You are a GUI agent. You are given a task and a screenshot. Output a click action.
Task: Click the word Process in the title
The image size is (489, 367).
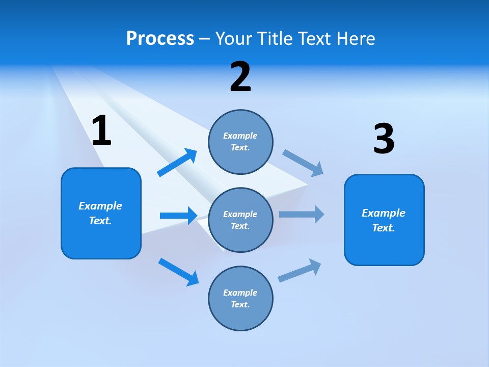click(160, 39)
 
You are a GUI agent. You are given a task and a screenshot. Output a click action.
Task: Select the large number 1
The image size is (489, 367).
click(101, 132)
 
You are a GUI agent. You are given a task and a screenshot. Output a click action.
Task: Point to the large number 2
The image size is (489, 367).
click(240, 77)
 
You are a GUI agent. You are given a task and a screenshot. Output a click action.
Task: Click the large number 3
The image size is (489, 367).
click(384, 139)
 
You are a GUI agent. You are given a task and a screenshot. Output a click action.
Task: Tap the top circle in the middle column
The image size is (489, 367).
click(240, 142)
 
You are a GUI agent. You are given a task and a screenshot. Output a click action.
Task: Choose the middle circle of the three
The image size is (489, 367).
click(240, 220)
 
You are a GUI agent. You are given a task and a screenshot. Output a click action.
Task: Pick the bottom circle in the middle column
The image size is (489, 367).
click(240, 298)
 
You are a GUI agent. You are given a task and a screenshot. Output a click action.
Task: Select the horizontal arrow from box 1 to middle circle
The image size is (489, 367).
click(178, 216)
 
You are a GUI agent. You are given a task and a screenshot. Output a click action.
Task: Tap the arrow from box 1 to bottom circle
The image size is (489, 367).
click(178, 271)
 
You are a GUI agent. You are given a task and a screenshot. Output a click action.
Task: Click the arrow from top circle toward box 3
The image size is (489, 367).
click(304, 162)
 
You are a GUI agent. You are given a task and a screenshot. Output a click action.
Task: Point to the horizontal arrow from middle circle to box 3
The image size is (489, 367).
click(302, 214)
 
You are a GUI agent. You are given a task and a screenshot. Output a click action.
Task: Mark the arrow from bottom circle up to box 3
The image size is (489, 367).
click(300, 270)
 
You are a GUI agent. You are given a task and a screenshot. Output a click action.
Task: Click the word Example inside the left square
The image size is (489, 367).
click(100, 206)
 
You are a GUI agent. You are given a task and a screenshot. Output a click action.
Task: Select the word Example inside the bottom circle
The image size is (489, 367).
click(240, 293)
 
